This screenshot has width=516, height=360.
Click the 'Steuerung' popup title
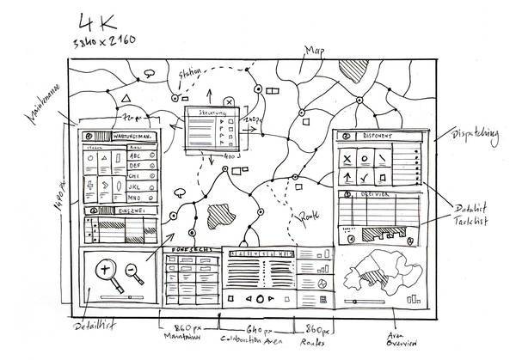coord(211,113)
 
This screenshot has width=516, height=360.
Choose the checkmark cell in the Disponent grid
coord(367,177)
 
